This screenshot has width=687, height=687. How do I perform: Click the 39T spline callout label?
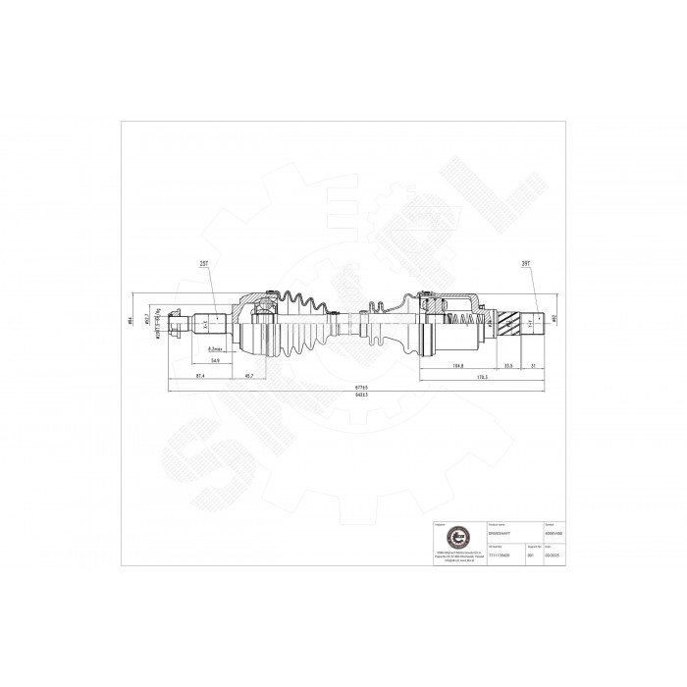click(527, 265)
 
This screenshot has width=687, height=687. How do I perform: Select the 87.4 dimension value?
click(199, 377)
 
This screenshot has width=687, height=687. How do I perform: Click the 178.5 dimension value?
click(482, 377)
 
